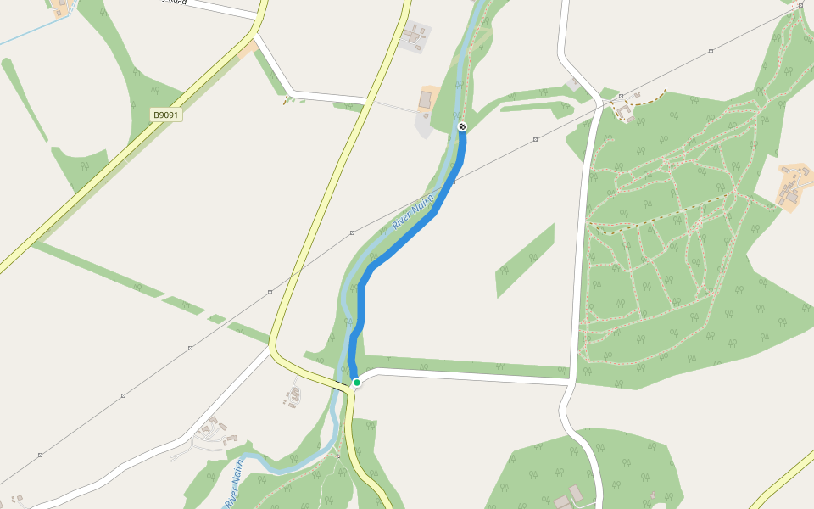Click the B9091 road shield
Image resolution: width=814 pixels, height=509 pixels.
pyautogui.click(x=167, y=115)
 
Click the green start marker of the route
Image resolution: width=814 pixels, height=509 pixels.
pyautogui.click(x=357, y=383)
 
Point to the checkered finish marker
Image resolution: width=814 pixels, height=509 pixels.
pyautogui.click(x=462, y=127)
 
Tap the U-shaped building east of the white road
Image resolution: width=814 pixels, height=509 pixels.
pyautogui.click(x=626, y=109)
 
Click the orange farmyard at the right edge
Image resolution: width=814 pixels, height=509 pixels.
pyautogui.click(x=794, y=185)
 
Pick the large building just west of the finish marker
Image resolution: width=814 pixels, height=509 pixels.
pyautogui.click(x=426, y=100)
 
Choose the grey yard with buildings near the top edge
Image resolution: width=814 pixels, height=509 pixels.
pyautogui.click(x=415, y=36)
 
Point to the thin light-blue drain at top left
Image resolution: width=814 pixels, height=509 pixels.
pyautogui.click(x=34, y=32)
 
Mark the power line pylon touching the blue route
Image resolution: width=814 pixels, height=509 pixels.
pyautogui.click(x=454, y=181)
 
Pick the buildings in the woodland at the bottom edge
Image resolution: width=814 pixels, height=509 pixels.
pyautogui.click(x=570, y=496)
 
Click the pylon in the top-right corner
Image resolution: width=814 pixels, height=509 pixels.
pyautogui.click(x=800, y=5)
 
